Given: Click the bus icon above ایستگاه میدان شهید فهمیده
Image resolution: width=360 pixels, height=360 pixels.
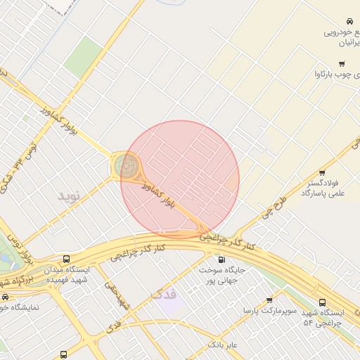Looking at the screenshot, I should coord(66,258).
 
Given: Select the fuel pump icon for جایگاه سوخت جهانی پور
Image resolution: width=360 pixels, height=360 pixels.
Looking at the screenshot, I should coord(222,259).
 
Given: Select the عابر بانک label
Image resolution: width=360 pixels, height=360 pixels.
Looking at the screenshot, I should coord(224,345).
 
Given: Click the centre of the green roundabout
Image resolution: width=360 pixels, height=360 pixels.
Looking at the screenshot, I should coord(127,166).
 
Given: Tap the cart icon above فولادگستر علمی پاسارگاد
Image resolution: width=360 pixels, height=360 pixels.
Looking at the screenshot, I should coord(322,172).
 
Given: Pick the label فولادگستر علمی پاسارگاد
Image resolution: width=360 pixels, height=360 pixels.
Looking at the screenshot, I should coord(321,187).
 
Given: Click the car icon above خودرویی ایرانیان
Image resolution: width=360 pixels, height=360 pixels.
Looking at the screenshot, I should coord(349,21).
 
